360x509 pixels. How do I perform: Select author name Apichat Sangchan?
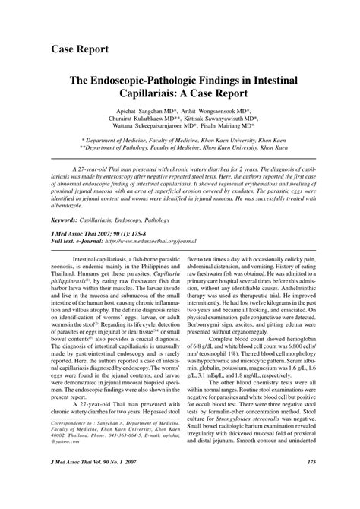tap(150, 112)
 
